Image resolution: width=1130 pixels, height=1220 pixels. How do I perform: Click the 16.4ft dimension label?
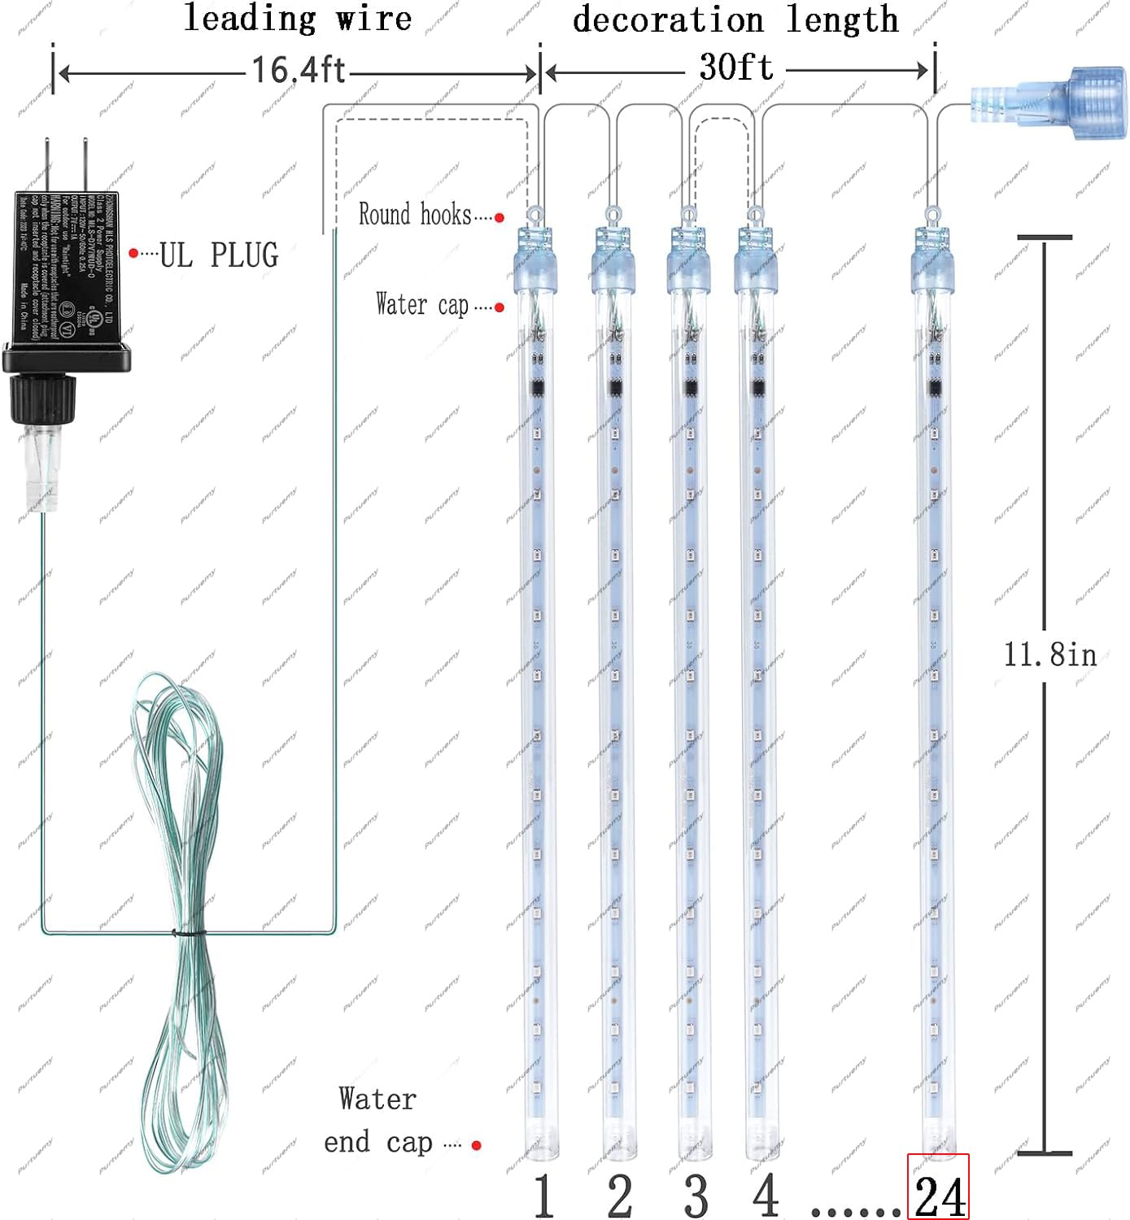pyautogui.click(x=298, y=70)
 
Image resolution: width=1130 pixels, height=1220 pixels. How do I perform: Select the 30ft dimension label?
pyautogui.click(x=735, y=68)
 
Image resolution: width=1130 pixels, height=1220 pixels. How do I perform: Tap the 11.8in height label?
pyautogui.click(x=1049, y=655)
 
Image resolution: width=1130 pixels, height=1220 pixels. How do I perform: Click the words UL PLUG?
pyautogui.click(x=219, y=255)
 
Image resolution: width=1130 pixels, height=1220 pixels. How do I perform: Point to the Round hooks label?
pyautogui.click(x=415, y=215)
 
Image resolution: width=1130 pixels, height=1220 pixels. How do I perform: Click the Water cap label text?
pyautogui.click(x=421, y=305)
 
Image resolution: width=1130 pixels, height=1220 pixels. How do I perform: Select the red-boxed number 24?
pyautogui.click(x=939, y=1196)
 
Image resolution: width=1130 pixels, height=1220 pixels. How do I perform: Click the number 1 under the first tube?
pyautogui.click(x=543, y=1196)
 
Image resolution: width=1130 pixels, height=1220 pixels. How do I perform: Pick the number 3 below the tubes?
pyautogui.click(x=696, y=1196)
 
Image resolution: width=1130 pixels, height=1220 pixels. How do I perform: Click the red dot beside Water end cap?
pyautogui.click(x=477, y=1145)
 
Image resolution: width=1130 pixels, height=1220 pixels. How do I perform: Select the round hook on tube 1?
pyautogui.click(x=534, y=216)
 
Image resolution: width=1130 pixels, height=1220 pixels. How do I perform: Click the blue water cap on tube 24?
pyautogui.click(x=931, y=268)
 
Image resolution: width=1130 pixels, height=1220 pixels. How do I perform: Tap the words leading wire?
pyautogui.click(x=298, y=18)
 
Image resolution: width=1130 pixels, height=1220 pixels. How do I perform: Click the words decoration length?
pyautogui.click(x=735, y=20)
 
